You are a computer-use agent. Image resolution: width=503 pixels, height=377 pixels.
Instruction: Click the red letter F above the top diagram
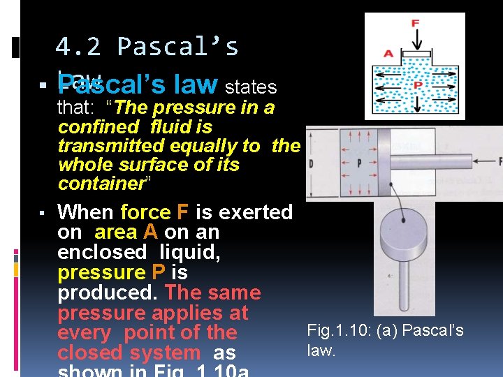click(x=415, y=23)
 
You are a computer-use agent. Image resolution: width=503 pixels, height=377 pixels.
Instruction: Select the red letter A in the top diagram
click(x=388, y=53)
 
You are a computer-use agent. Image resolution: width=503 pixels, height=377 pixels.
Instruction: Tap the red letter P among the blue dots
click(x=418, y=84)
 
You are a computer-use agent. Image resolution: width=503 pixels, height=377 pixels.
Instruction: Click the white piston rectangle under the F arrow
click(x=416, y=53)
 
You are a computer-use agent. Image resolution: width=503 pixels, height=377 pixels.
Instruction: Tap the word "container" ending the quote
click(x=100, y=184)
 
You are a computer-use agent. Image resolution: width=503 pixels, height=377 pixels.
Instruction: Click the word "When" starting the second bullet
click(x=86, y=212)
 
